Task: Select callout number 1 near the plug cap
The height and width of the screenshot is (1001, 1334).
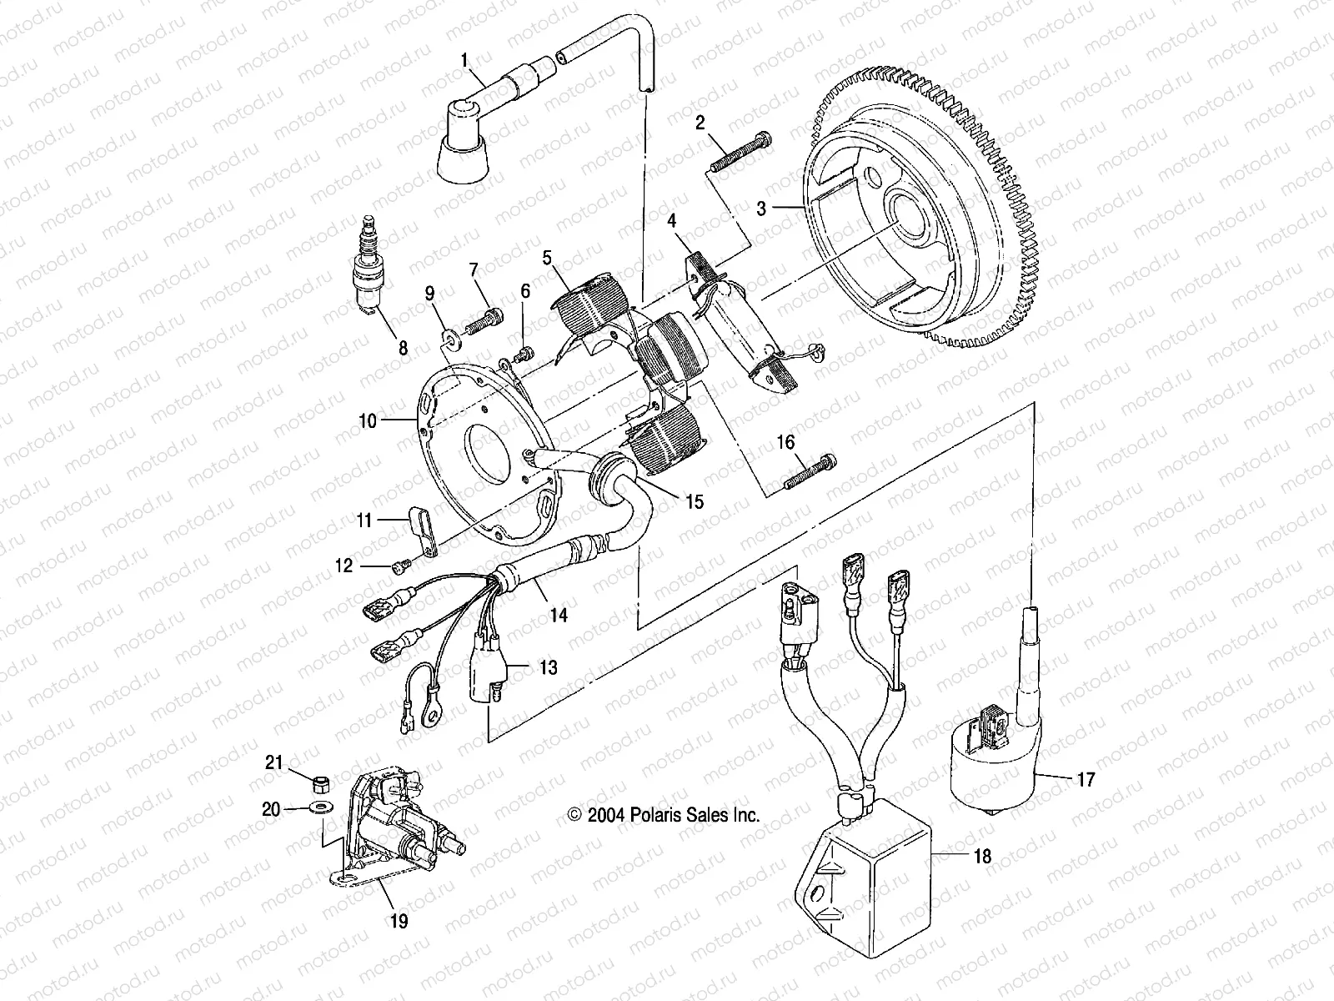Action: [465, 59]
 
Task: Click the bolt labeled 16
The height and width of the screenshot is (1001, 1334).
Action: [807, 470]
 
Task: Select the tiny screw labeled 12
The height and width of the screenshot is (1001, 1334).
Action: [398, 567]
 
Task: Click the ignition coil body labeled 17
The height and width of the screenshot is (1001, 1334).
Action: [992, 763]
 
